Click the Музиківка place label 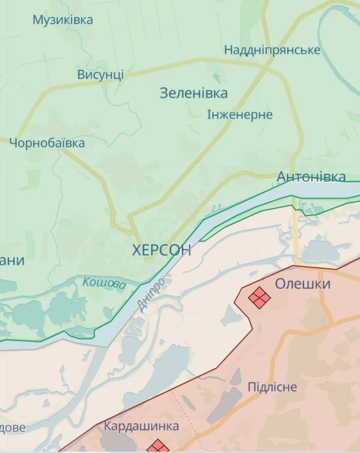pyautogui.click(x=62, y=20)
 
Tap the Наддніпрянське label pyautogui.click(x=272, y=50)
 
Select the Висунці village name pyautogui.click(x=100, y=74)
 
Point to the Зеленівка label pyautogui.click(x=194, y=93)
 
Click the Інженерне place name pyautogui.click(x=240, y=115)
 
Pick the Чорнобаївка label pyautogui.click(x=47, y=143)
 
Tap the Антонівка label pyautogui.click(x=311, y=177)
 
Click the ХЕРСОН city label pyautogui.click(x=161, y=250)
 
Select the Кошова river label pyautogui.click(x=104, y=284)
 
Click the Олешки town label pyautogui.click(x=302, y=284)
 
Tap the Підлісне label pyautogui.click(x=272, y=387)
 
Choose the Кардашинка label pyautogui.click(x=141, y=427)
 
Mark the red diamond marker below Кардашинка pyautogui.click(x=156, y=447)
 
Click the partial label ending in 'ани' pyautogui.click(x=12, y=261)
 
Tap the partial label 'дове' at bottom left pyautogui.click(x=13, y=428)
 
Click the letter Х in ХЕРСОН pyautogui.click(x=137, y=250)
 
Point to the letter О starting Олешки pyautogui.click(x=280, y=284)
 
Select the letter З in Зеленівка pyautogui.click(x=164, y=93)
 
